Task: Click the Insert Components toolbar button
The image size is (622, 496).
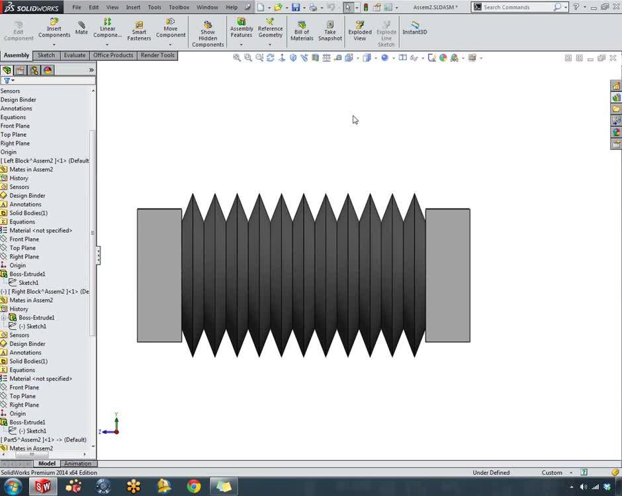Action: (x=54, y=28)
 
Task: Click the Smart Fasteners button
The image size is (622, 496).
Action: (x=139, y=30)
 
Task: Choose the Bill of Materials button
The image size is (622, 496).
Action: (x=302, y=30)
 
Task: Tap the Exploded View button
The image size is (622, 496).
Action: (x=359, y=30)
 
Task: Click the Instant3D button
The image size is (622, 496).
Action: (x=415, y=28)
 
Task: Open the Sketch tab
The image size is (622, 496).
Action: (x=46, y=56)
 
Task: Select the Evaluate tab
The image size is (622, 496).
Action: (x=74, y=56)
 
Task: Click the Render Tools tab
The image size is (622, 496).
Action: (x=157, y=56)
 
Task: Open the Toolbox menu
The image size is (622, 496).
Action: (x=179, y=7)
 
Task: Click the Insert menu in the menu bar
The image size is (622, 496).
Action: (x=133, y=7)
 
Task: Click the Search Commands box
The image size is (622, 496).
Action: (x=516, y=7)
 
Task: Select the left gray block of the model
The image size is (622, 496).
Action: (x=159, y=275)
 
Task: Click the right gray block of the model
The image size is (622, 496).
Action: (x=447, y=275)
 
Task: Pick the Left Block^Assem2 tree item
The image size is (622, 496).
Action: (x=45, y=161)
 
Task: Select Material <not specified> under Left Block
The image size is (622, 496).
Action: (x=40, y=231)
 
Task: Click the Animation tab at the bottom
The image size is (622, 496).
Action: (x=77, y=464)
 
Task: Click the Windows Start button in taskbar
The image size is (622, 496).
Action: (x=13, y=487)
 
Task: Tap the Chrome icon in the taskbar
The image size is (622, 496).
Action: (x=194, y=487)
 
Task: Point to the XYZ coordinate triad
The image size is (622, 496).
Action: (x=114, y=427)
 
